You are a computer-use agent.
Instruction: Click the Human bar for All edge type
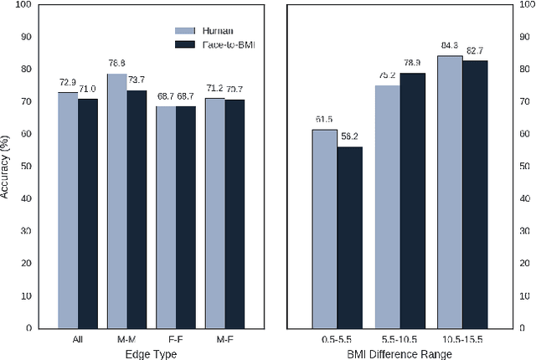(68, 210)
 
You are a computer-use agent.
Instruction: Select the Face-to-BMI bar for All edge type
(88, 213)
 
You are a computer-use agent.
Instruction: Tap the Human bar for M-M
(116, 201)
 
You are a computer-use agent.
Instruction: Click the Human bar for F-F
(166, 217)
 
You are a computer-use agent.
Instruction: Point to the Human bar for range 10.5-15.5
(450, 192)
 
